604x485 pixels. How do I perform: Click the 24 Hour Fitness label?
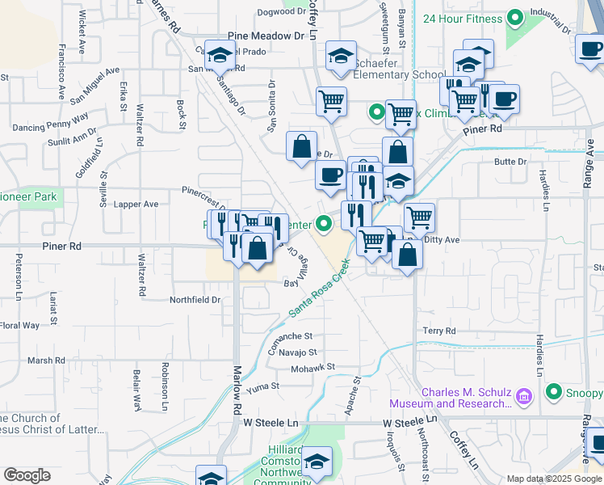pyautogui.click(x=460, y=19)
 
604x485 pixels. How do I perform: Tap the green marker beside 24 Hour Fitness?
pyautogui.click(x=514, y=19)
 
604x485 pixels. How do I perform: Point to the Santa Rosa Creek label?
pyautogui.click(x=320, y=287)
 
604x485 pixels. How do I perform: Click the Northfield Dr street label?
pyautogui.click(x=195, y=299)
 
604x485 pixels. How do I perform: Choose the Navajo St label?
pyautogui.click(x=299, y=352)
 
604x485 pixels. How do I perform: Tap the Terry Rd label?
pyautogui.click(x=439, y=331)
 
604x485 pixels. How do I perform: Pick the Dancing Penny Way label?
pyautogui.click(x=50, y=127)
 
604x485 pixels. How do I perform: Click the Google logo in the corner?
pyautogui.click(x=27, y=474)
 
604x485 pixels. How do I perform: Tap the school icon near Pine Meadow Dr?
pyautogui.click(x=218, y=55)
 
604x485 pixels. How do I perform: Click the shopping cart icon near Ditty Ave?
pyautogui.click(x=419, y=216)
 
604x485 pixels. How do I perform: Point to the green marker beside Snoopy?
pyautogui.click(x=554, y=392)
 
